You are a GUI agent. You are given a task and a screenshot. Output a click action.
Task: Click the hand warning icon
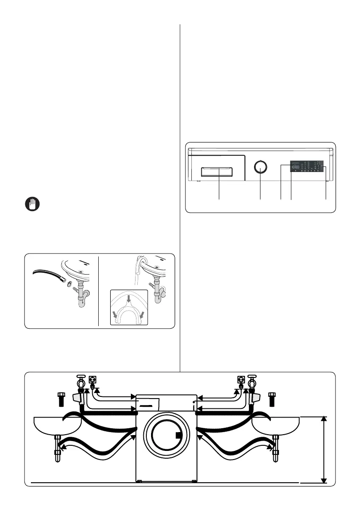click(30, 204)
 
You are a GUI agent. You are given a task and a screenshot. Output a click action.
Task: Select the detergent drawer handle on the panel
click(219, 172)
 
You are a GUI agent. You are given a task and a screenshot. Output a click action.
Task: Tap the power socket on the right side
click(241, 380)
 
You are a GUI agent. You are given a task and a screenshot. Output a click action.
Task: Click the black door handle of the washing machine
click(178, 437)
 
